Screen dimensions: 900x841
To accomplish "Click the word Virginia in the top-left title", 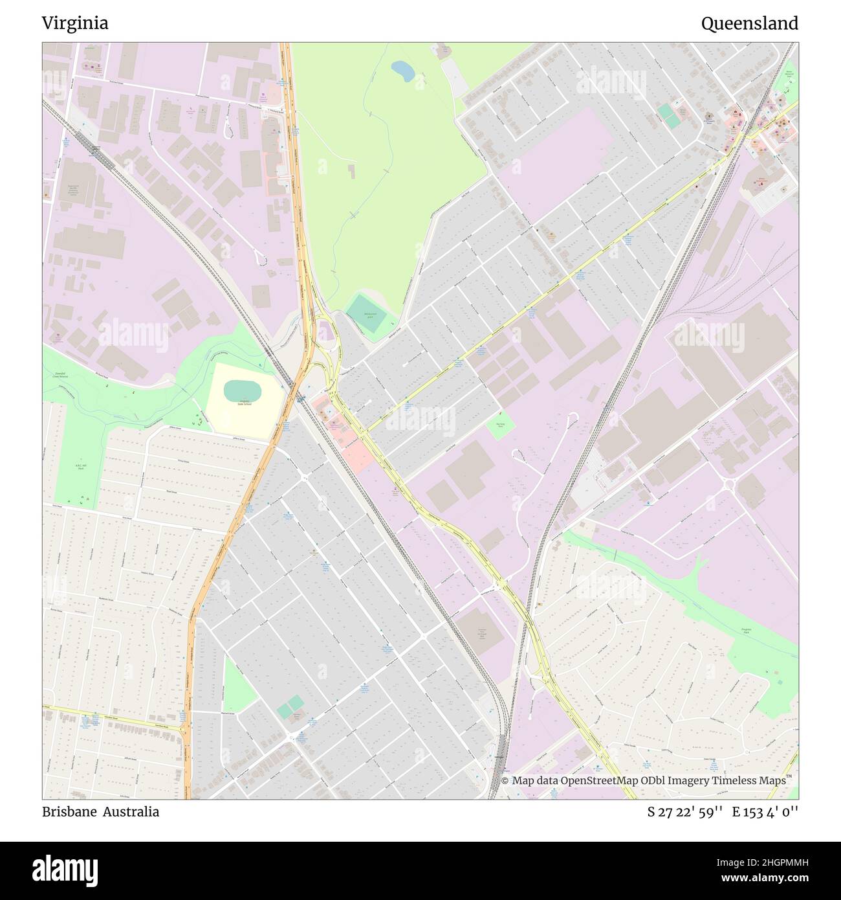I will pos(75,23).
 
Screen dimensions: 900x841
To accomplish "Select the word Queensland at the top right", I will pos(749,23).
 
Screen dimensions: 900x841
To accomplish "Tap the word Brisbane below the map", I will pos(69,811).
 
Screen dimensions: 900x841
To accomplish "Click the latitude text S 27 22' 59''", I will pos(684,812).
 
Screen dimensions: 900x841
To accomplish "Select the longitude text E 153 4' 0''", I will pos(765,812).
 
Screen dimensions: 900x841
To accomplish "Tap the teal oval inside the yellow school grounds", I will pos(242,390).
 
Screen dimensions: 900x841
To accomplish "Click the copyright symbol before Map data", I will pos(506,780).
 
